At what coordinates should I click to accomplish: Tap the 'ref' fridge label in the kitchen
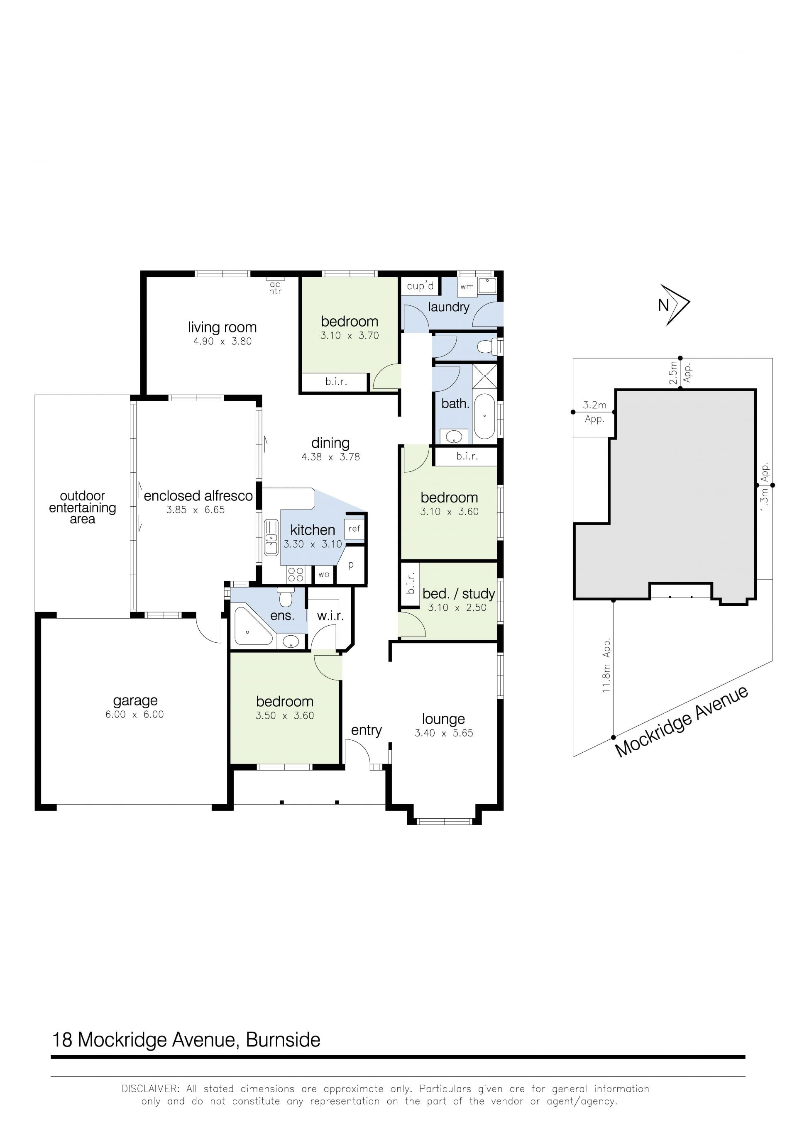click(x=354, y=529)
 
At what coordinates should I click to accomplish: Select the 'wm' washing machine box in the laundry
click(x=467, y=287)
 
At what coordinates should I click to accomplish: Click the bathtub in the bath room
click(x=485, y=416)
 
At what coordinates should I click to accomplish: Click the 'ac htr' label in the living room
click(x=275, y=288)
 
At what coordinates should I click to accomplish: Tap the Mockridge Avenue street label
click(x=682, y=721)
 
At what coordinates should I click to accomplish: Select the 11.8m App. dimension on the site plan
click(x=607, y=665)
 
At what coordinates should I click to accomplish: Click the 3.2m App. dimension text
click(x=595, y=412)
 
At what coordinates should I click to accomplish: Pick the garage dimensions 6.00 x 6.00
click(x=134, y=714)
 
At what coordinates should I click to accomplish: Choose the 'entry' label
click(x=367, y=730)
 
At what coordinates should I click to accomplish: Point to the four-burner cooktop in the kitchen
click(x=296, y=574)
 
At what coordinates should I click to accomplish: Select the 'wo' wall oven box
click(x=324, y=574)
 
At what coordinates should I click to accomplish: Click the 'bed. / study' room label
click(x=459, y=593)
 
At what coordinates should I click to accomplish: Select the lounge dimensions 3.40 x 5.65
click(x=444, y=733)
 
